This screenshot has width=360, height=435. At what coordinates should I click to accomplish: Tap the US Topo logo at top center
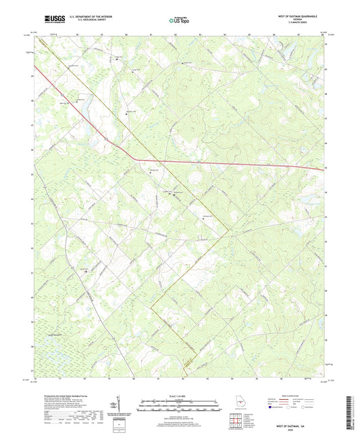[180, 20]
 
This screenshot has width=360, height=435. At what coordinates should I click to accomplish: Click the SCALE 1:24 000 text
[180, 395]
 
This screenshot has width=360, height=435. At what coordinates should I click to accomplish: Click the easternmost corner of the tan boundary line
[230, 234]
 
